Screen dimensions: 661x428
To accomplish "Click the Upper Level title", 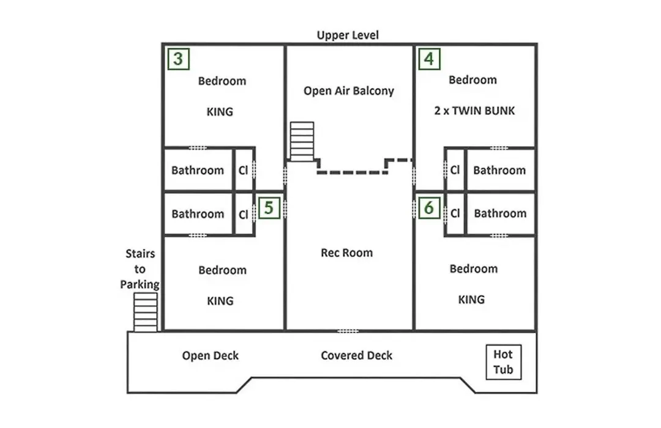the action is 348,35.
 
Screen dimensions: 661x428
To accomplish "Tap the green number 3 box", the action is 178,59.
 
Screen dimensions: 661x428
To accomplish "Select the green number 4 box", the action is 429,59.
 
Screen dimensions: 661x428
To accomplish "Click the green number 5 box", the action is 269,208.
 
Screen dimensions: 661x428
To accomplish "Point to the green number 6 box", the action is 429,208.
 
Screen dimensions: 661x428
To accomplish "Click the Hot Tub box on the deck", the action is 503,363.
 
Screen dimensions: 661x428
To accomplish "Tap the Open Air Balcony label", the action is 349,90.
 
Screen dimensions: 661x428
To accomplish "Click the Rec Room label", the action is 347,253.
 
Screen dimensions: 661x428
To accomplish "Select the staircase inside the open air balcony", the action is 302,141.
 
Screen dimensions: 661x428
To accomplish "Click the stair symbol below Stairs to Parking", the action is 146,312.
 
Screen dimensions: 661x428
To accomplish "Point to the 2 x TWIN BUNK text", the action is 475,111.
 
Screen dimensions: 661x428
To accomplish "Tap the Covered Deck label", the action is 357,355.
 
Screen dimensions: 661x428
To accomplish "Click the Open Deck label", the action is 211,355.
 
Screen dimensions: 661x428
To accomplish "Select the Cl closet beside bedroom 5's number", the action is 243,215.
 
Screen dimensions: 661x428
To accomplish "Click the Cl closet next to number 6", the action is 455,213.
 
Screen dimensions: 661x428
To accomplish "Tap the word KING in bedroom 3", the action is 220,112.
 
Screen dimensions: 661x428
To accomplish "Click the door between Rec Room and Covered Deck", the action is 348,331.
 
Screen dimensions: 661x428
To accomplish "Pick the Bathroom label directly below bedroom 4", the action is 499,170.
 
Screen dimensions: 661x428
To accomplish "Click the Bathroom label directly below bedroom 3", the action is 198,170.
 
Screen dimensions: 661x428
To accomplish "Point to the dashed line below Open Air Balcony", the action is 353,172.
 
